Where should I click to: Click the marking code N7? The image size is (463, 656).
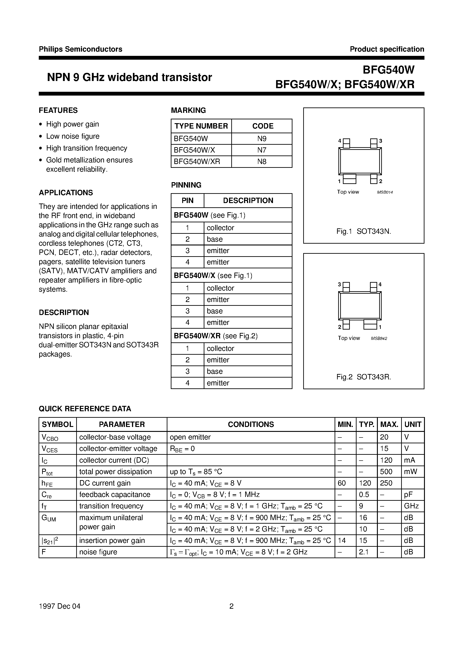tap(262, 150)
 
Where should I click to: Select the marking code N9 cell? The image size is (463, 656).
tap(262, 139)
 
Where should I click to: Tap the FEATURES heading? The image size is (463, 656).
tap(58, 110)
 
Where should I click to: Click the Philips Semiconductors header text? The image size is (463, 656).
tap(80, 49)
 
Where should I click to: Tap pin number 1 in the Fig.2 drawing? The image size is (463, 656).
tap(380, 327)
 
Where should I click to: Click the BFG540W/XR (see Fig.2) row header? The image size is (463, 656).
tap(216, 336)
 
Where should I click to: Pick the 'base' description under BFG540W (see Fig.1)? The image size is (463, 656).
tap(215, 239)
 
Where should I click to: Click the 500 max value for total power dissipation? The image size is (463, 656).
tap(386, 471)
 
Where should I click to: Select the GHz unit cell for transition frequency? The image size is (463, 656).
tap(411, 506)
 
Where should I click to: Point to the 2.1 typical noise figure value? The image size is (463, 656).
tap(364, 552)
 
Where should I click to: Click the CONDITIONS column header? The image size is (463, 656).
tap(251, 424)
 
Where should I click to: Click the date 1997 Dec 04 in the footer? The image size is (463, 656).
tap(60, 606)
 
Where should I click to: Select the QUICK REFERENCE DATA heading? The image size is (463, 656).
tap(85, 409)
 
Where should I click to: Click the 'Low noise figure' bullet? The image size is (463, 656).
tap(73, 136)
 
